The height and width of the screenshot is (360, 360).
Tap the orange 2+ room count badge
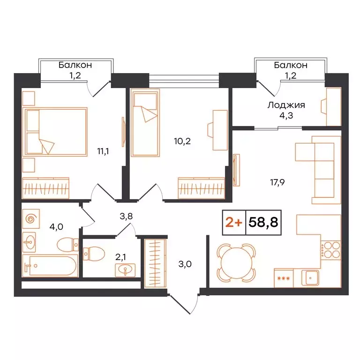234,222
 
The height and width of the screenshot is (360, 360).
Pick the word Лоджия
286,105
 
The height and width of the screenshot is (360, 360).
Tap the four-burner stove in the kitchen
330,249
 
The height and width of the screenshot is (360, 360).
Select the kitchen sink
311,278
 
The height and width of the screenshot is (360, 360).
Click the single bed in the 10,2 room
145,123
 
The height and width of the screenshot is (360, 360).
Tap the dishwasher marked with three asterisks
283,277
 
